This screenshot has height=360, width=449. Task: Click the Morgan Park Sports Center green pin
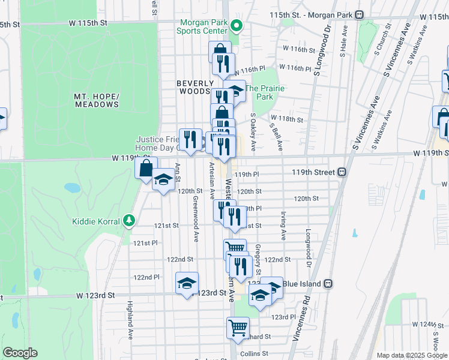(237, 26)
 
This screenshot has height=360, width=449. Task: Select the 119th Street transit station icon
(342, 172)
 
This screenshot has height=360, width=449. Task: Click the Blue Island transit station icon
(328, 283)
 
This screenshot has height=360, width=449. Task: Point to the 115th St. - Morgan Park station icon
(359, 14)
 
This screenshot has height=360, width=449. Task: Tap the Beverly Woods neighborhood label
(195, 87)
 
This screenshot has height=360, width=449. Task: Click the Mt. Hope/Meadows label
(97, 100)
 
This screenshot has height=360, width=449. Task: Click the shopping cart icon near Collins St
(238, 328)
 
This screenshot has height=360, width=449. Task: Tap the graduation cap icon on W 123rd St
(187, 283)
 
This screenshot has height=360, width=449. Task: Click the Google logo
(20, 352)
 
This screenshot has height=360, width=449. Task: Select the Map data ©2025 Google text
(411, 355)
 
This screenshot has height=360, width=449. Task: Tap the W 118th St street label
(286, 119)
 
